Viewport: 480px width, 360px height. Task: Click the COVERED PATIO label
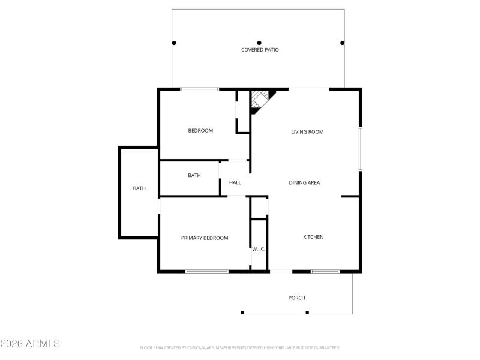tap(260, 50)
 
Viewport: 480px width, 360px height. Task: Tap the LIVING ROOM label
tap(307, 131)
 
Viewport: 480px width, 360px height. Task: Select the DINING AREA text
tap(304, 182)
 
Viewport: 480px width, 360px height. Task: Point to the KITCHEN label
tap(313, 237)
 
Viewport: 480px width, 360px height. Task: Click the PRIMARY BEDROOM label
tap(205, 238)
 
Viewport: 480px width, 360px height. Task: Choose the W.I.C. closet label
tap(259, 249)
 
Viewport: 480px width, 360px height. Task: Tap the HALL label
tap(235, 182)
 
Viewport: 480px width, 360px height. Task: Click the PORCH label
tap(296, 298)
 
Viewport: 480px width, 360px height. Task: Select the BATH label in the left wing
tap(139, 188)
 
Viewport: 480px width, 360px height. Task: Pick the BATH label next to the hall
tap(194, 175)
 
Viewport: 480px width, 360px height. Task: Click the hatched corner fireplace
tap(260, 99)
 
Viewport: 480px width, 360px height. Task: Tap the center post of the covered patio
tap(259, 43)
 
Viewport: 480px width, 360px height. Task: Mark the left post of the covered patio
tap(174, 43)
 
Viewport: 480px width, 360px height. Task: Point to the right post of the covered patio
tap(343, 43)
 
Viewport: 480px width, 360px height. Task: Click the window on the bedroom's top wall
tap(200, 89)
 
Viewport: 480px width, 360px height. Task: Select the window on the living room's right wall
tap(360, 148)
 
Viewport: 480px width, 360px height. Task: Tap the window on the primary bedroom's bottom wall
tap(206, 271)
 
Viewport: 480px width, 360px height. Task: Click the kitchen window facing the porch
tap(325, 271)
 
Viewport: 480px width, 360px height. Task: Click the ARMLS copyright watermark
tap(30, 344)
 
